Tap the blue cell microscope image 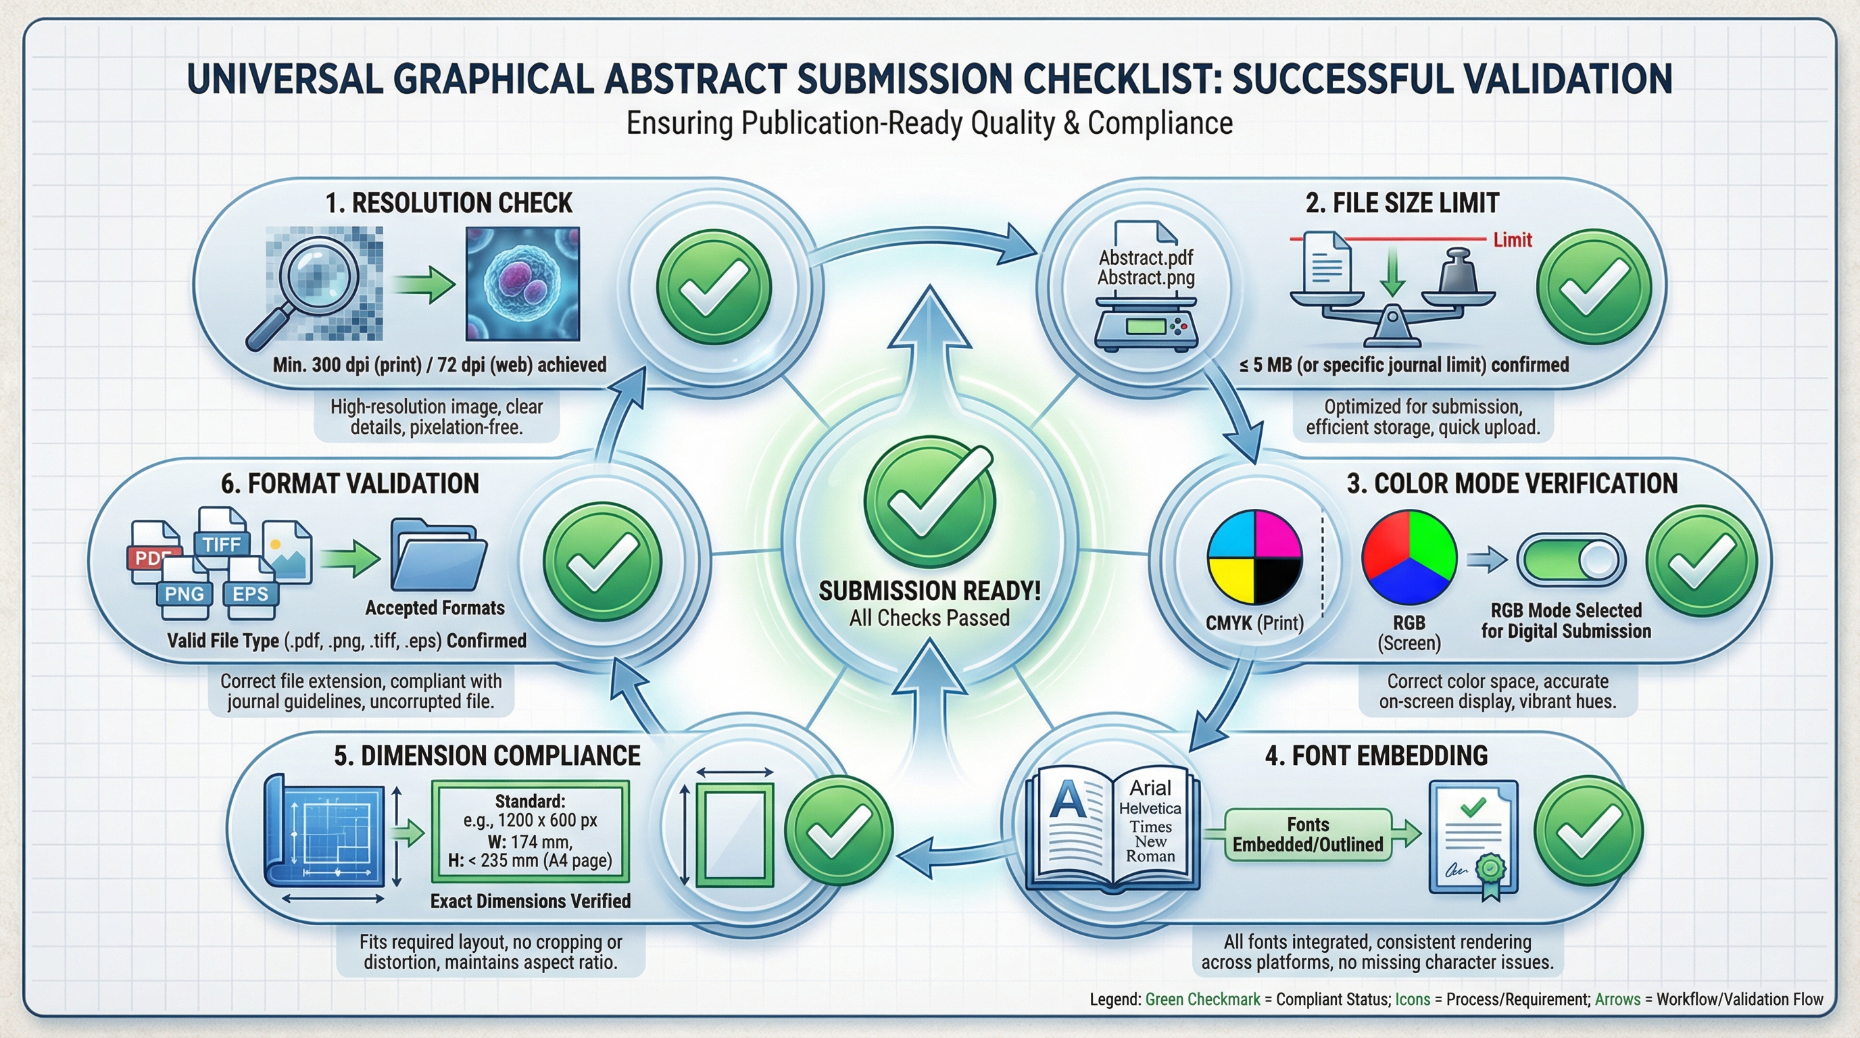point(522,284)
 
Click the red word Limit point(1513,240)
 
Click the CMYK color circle point(1255,557)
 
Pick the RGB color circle point(1409,557)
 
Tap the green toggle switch point(1571,560)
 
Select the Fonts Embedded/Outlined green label point(1308,835)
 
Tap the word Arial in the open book point(1150,787)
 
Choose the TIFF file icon point(221,538)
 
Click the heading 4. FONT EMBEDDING point(1376,755)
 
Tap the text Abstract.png point(1146,278)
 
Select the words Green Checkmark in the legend point(1202,999)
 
